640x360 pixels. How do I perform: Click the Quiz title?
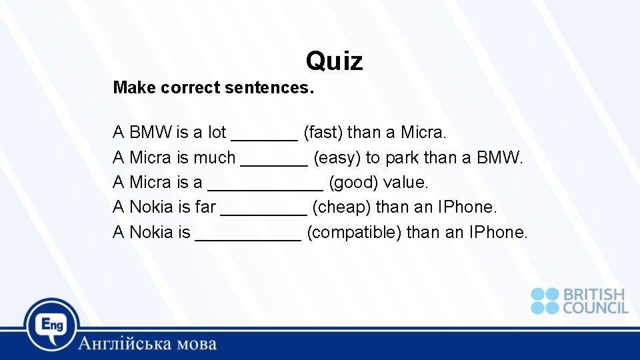(334, 61)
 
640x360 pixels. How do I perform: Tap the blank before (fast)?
(264, 137)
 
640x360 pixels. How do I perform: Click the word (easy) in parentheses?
(336, 158)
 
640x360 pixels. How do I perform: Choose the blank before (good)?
(265, 187)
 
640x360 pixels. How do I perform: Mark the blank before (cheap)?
(263, 212)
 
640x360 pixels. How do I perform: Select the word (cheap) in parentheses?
(341, 207)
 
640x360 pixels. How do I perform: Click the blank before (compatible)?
(248, 237)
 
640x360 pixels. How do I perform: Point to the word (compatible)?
(353, 233)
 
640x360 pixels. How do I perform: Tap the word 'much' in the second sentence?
(215, 158)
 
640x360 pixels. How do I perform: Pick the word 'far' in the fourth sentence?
(205, 207)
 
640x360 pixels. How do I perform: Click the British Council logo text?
(595, 301)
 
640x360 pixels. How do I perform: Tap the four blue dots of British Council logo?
(545, 301)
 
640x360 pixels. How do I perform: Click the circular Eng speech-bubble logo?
(52, 325)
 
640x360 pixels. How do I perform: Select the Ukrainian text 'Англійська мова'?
(147, 344)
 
